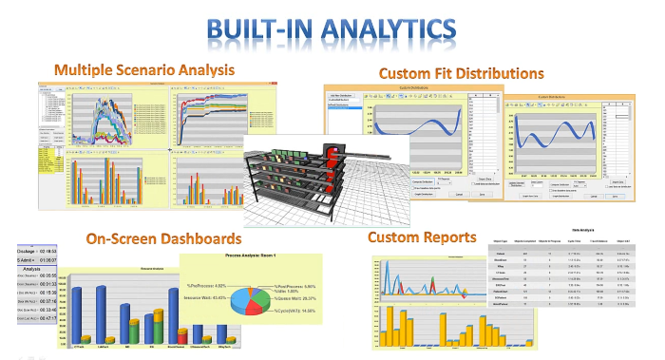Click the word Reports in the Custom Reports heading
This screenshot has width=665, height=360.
click(x=445, y=236)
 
